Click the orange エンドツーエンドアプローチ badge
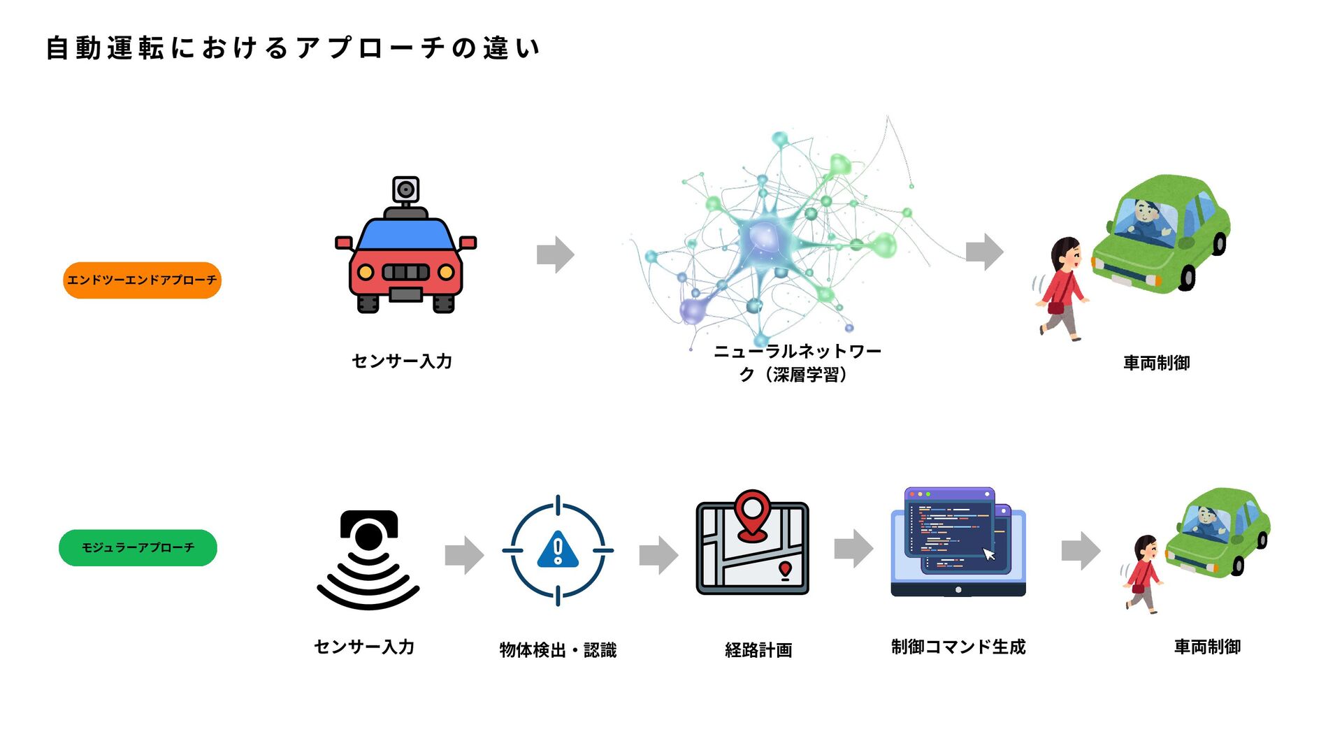click(142, 280)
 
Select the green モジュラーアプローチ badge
click(138, 547)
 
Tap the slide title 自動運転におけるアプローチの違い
click(293, 48)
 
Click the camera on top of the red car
click(405, 189)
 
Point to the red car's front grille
click(405, 272)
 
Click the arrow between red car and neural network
click(555, 254)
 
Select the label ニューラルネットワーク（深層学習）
click(796, 363)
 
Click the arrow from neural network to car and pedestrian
click(984, 252)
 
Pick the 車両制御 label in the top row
click(1156, 363)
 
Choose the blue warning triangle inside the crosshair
click(558, 550)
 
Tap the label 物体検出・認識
click(558, 650)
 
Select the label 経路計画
click(758, 650)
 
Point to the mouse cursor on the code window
click(988, 554)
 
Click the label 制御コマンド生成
click(958, 647)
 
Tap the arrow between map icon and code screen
click(853, 549)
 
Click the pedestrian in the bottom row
click(1143, 574)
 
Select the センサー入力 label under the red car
click(402, 361)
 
